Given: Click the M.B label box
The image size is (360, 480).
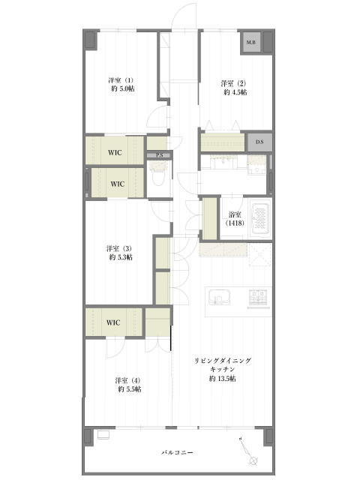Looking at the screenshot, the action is tap(251, 42).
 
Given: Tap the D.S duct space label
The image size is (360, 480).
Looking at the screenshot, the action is tap(259, 142).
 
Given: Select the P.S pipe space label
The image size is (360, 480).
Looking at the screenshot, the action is tap(159, 155).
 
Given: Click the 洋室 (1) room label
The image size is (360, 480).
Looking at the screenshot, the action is tap(121, 80).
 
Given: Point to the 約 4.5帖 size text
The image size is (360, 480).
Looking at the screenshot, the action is tap(235, 92).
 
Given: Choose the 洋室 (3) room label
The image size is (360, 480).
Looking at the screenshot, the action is tap(119, 248).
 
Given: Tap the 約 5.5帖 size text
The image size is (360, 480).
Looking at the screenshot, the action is tap(130, 389).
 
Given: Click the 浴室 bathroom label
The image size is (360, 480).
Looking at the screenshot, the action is tap(235, 214).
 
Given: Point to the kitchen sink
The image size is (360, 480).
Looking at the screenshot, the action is tap(219, 297).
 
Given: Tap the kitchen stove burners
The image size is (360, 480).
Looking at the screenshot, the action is tap(259, 297).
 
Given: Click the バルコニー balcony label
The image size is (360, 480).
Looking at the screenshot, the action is tap(177, 452).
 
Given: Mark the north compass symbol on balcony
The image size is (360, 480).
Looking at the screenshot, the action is tap(247, 450).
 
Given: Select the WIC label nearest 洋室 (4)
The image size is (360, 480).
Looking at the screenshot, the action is tap(113, 322).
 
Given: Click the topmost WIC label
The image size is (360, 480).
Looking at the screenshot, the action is tap(115, 152).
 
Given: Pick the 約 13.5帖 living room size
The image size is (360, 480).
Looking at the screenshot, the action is tap(223, 379).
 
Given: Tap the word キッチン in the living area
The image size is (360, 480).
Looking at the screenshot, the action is tap(223, 370).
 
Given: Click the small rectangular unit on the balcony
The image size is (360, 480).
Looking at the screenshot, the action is tap(103, 435).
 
